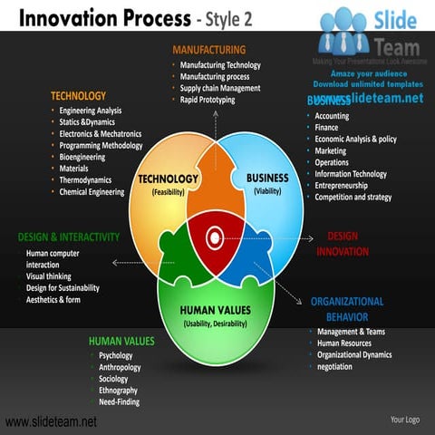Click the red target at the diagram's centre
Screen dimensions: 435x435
pos(215,237)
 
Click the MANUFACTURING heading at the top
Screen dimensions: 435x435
pos(208,49)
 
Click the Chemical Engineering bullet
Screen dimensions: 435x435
pos(92,192)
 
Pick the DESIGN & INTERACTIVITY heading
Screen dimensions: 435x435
pos(69,237)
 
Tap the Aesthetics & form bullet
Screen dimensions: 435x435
pos(53,300)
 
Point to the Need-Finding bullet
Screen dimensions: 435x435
pos(119,402)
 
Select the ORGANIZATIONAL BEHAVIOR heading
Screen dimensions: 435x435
pos(347,309)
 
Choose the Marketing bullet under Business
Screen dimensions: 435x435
pos(331,150)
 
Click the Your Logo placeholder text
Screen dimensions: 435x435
pos(404,420)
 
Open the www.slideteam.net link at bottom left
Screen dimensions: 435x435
pos(51,422)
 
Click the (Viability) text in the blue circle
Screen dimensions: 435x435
pos(267,192)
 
